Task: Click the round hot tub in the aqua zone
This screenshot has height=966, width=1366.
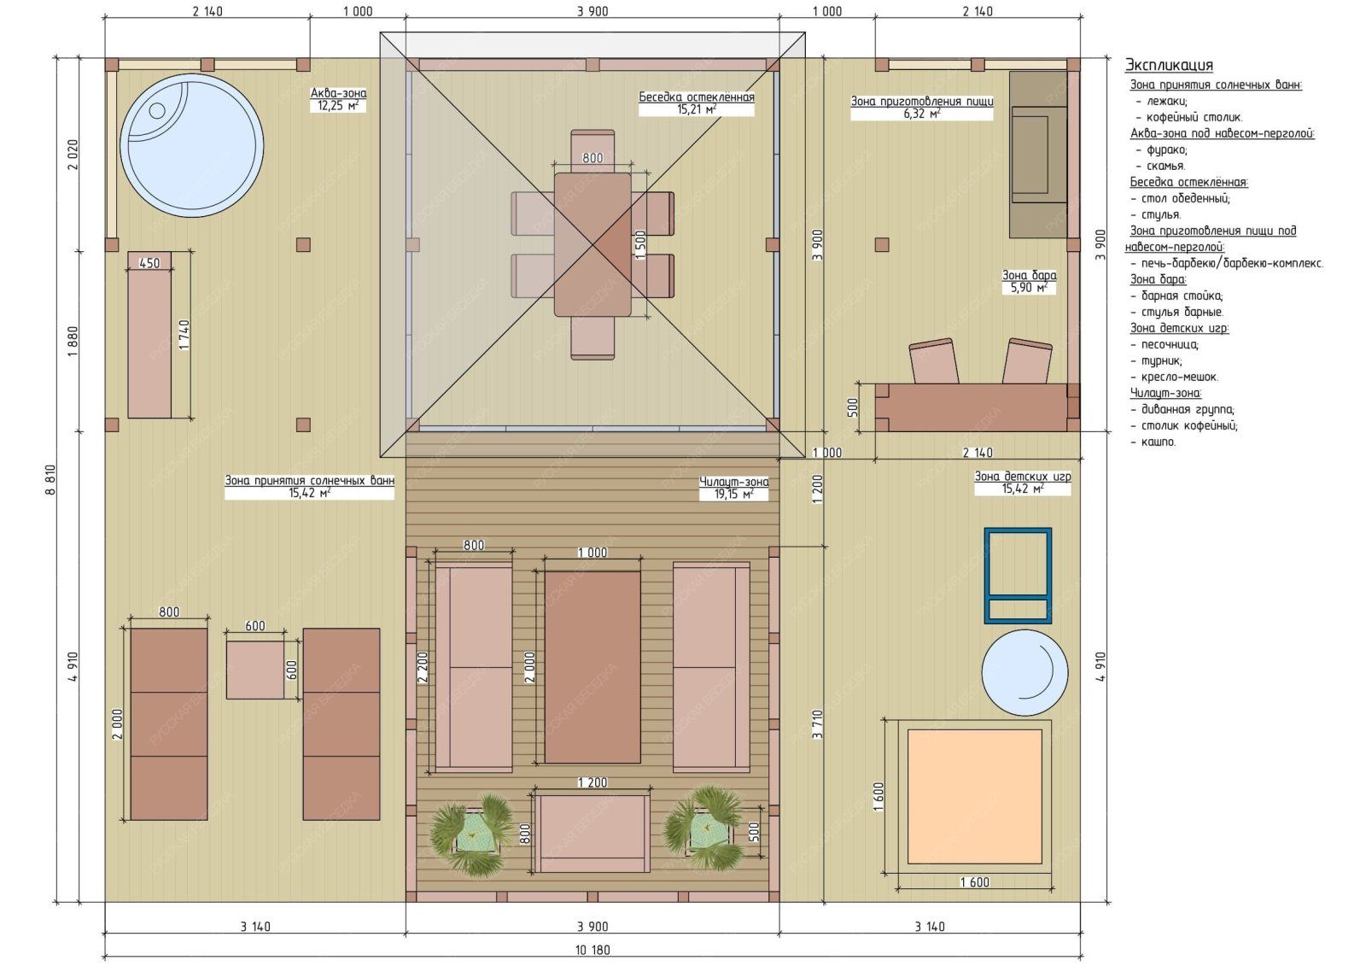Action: [x=191, y=146]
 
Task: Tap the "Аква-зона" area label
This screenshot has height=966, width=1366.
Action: [x=338, y=93]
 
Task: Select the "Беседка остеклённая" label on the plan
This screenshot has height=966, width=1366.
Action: [x=697, y=97]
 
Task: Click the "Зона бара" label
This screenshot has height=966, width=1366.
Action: [x=1030, y=275]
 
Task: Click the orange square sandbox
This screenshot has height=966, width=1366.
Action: [x=974, y=796]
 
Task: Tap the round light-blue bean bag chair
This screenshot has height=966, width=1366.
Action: [x=1024, y=672]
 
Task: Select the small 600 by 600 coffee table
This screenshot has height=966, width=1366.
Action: [x=255, y=670]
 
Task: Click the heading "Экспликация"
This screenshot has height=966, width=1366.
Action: [x=1169, y=65]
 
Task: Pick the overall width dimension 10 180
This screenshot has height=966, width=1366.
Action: [x=593, y=950]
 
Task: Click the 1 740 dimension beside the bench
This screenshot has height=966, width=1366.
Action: [x=184, y=335]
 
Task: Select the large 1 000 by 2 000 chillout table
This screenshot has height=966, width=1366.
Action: [x=593, y=667]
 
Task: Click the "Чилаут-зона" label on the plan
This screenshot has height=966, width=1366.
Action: [x=733, y=482]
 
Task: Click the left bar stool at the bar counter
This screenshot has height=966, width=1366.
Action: [x=933, y=361]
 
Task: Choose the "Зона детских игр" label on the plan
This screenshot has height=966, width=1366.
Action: [x=1022, y=477]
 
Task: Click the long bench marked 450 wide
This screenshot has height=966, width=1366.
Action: [x=149, y=335]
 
